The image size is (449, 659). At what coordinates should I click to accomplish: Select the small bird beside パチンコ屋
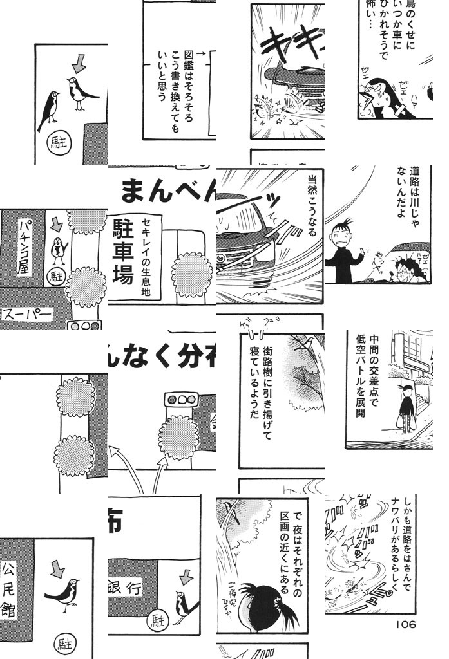point(58,248)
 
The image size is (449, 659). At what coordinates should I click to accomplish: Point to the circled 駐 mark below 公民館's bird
point(63,642)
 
